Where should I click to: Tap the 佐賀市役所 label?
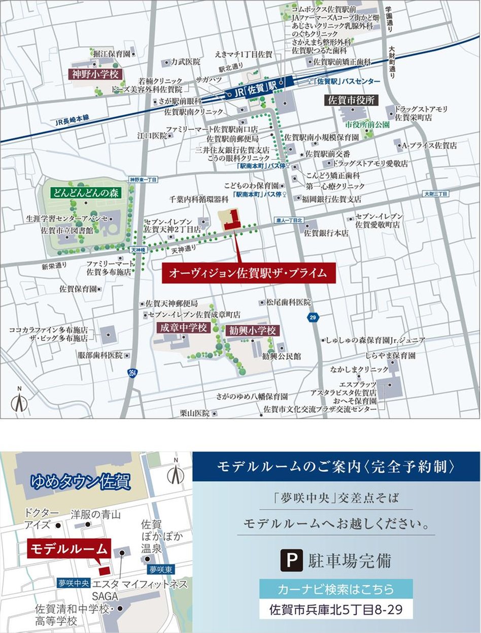[x=352, y=100]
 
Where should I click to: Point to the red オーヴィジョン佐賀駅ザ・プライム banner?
[x=249, y=273]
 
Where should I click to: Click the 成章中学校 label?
[x=184, y=328]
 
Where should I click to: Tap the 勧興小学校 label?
[x=253, y=331]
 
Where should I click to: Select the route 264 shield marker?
[x=132, y=373]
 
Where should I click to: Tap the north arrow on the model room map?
[x=175, y=473]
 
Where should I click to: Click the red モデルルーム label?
[x=69, y=549]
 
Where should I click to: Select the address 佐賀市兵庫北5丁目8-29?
[x=336, y=609]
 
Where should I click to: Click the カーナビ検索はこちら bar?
[x=336, y=589]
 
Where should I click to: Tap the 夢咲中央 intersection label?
[x=73, y=583]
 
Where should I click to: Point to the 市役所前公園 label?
[x=367, y=123]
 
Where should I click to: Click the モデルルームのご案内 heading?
[x=336, y=466]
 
